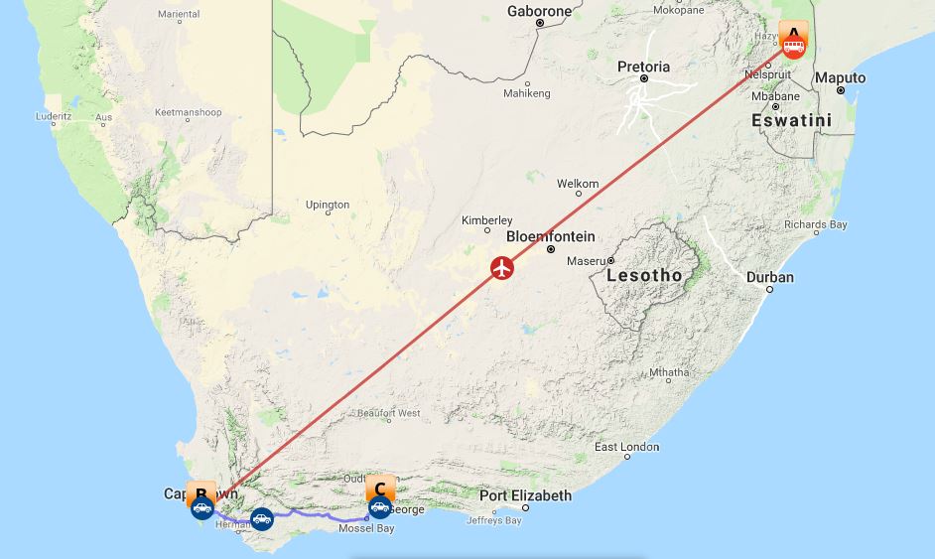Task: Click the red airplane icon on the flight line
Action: point(502,268)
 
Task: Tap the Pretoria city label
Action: point(643,68)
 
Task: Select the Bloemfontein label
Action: point(550,236)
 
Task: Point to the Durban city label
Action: point(770,277)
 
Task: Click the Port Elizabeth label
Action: point(525,495)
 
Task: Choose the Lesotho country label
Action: point(644,275)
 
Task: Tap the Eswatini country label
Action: point(791,120)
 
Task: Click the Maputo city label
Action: point(840,77)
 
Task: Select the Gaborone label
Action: point(539,12)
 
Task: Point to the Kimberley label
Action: point(486,220)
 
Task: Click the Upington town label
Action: point(327,205)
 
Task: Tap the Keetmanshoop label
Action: point(188,112)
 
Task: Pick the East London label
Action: point(626,447)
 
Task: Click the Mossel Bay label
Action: point(366,528)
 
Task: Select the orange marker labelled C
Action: point(379,489)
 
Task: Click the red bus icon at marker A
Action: point(793,45)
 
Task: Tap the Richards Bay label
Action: point(815,224)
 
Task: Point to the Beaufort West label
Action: point(388,413)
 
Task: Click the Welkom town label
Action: point(578,184)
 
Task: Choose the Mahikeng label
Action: point(526,93)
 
